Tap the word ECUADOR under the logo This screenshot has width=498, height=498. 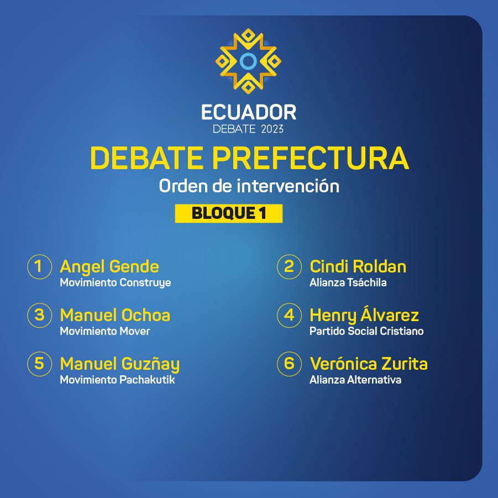click(x=249, y=112)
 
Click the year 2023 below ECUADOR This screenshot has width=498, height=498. click(x=272, y=129)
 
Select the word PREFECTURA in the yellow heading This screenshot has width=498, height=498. click(x=310, y=158)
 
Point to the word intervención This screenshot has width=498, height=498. click(x=288, y=186)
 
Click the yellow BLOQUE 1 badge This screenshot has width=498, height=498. click(x=229, y=213)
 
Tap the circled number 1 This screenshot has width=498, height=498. click(x=39, y=267)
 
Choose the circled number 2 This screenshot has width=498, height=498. click(x=289, y=267)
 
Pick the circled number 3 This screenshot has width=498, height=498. click(x=39, y=316)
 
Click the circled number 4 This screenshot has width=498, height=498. click(x=289, y=316)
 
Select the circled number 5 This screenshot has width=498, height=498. click(x=39, y=364)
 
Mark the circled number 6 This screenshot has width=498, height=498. click(x=289, y=364)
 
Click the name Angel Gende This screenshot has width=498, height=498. click(x=109, y=267)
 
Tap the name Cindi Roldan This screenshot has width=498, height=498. click(x=358, y=266)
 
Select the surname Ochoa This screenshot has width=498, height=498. click(x=146, y=315)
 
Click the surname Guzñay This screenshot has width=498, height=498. click(x=151, y=365)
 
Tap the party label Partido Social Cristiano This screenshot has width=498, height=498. click(x=366, y=331)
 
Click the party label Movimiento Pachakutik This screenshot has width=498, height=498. click(x=117, y=380)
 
